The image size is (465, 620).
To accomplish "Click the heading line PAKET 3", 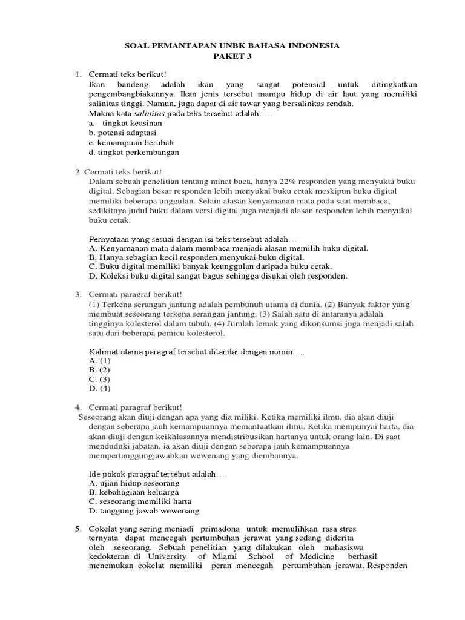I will pyautogui.click(x=232, y=56).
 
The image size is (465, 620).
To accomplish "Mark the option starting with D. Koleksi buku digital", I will pyautogui.click(x=218, y=276).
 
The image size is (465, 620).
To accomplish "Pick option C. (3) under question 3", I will pyautogui.click(x=99, y=380).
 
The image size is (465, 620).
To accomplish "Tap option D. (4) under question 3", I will pyautogui.click(x=99, y=389).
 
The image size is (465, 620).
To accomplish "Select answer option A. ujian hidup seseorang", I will pyautogui.click(x=134, y=484).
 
